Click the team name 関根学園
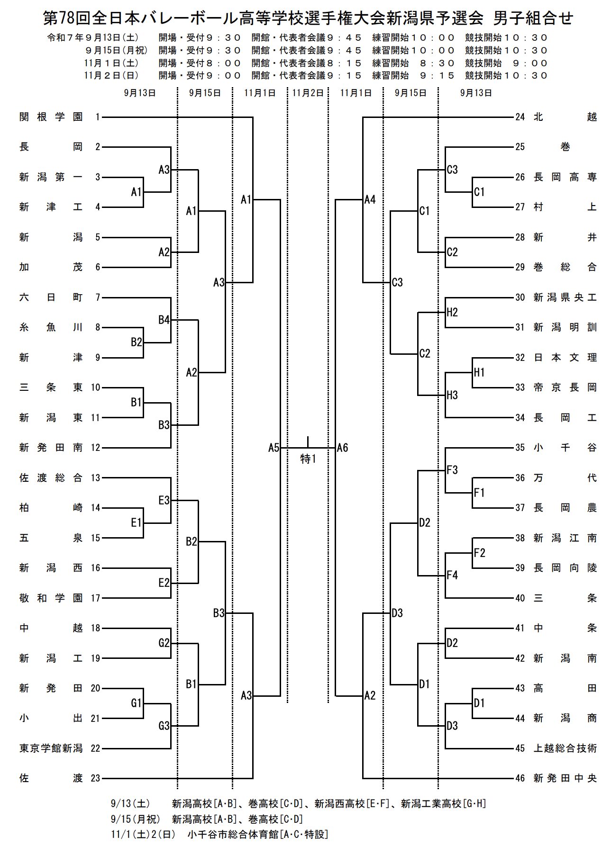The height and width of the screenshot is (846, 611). [51, 117]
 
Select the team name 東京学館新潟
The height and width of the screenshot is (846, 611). [51, 748]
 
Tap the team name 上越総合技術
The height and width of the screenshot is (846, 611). [565, 748]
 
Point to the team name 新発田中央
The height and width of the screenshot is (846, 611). [565, 778]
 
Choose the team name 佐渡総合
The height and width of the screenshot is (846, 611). [51, 478]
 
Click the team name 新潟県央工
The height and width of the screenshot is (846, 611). [565, 297]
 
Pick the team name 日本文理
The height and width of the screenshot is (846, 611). [565, 358]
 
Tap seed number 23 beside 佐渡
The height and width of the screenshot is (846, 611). [95, 778]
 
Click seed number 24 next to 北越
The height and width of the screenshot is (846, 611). [520, 117]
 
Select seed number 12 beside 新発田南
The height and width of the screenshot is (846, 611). [95, 448]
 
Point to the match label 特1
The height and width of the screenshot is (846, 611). [308, 459]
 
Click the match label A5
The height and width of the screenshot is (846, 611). [274, 448]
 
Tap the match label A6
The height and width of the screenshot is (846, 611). [342, 448]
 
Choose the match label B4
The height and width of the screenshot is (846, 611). [164, 320]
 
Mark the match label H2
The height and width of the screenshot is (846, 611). [452, 312]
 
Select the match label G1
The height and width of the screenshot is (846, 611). [136, 703]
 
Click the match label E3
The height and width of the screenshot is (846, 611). [164, 500]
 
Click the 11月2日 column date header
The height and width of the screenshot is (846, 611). [307, 93]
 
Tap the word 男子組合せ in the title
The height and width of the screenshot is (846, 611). [533, 18]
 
